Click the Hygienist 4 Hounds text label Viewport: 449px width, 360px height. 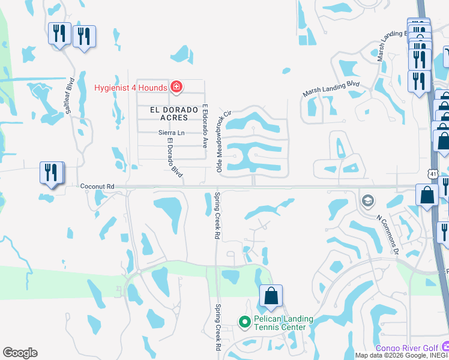point(130,88)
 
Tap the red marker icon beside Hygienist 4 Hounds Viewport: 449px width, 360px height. point(176,88)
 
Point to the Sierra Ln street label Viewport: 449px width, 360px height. point(170,133)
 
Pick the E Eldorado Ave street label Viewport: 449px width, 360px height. point(205,127)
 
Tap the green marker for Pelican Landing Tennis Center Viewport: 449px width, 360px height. point(244,323)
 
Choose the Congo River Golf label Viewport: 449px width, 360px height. point(407,348)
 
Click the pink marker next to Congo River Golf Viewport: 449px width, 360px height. point(445,347)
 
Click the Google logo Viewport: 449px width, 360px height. point(20,353)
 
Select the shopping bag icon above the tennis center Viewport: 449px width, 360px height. point(271,296)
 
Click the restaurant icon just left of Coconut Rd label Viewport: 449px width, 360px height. point(51,173)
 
